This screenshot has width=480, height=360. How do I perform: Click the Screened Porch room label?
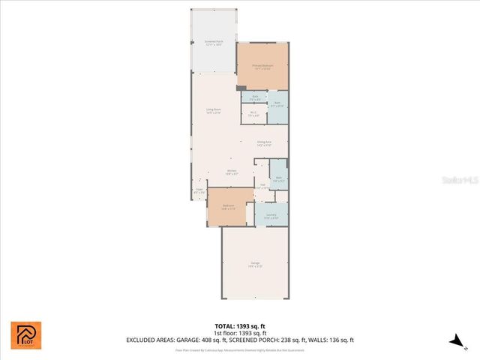coord(213,43)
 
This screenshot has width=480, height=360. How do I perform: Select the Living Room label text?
coord(214,111)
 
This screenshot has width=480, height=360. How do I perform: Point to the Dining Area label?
coord(264,142)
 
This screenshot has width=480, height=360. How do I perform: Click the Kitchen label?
coord(232,172)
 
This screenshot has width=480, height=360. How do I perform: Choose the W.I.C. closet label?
coord(253,114)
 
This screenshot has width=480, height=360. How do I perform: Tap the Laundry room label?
coord(271,216)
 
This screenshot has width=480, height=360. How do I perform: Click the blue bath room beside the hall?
coord(278,179)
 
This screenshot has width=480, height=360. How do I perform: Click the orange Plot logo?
coord(25,335)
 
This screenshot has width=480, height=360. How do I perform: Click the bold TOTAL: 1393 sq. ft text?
coord(240,325)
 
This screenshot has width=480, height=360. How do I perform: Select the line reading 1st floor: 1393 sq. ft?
coord(240,332)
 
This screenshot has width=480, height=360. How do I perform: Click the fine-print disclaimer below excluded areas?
coord(240,349)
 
